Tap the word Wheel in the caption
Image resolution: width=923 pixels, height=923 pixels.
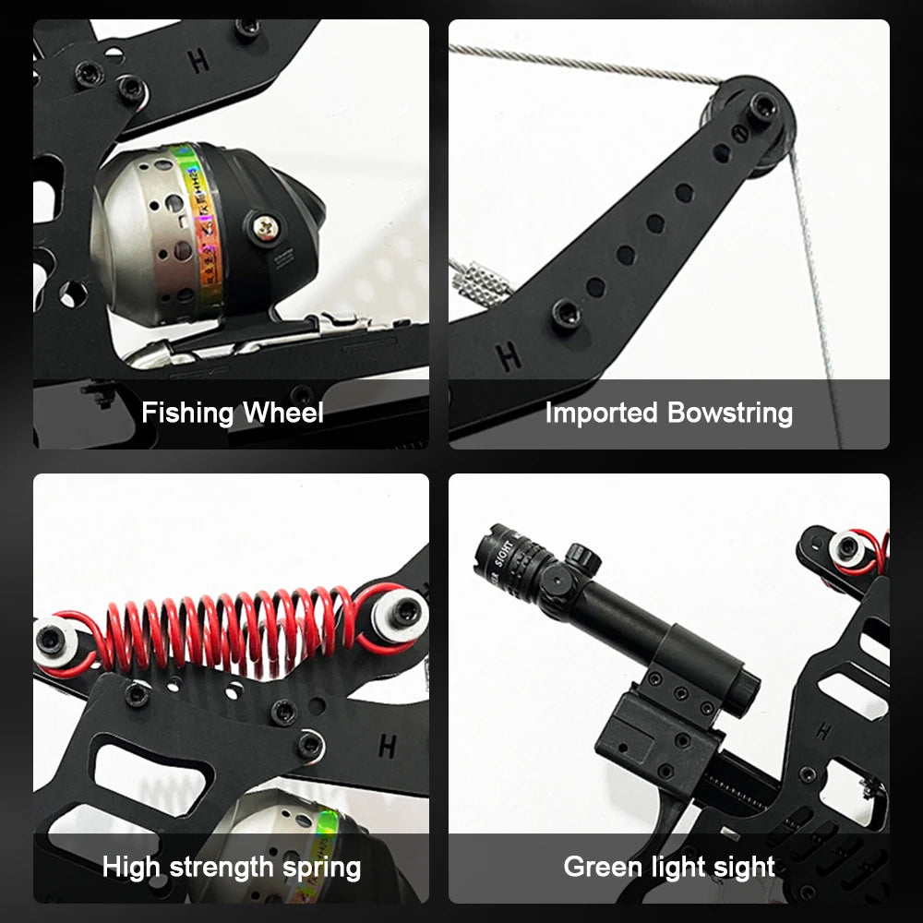pos(282,413)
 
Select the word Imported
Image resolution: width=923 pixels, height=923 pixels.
pos(602,413)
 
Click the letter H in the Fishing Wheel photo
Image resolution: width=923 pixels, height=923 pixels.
pos(198,62)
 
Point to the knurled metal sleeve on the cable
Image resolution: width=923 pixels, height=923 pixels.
pos(480,278)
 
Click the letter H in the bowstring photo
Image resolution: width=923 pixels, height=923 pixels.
pos(508,356)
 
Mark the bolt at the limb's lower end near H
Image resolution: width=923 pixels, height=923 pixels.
pos(566,313)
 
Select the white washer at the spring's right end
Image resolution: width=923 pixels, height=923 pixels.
pos(401,613)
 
